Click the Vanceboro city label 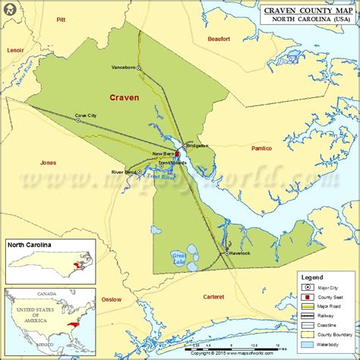tap(123, 68)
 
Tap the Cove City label tap(86, 115)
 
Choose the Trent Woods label tap(174, 163)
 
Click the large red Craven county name tap(124, 98)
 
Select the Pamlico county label tap(261, 148)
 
